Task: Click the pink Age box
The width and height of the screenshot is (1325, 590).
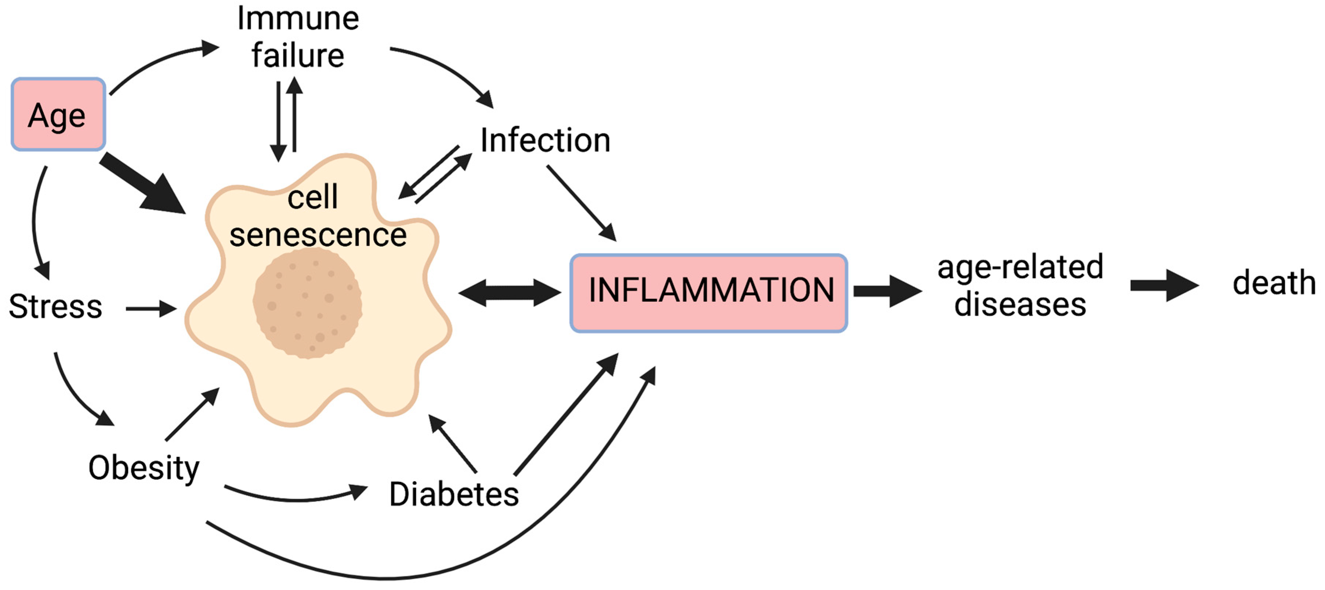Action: tap(58, 114)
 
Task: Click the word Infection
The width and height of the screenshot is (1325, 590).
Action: tap(545, 140)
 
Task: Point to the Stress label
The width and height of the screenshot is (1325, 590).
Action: tap(55, 307)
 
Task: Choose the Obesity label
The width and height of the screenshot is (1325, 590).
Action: tap(144, 468)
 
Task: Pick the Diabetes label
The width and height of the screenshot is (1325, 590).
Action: tap(454, 494)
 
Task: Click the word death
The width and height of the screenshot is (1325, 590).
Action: tap(1274, 283)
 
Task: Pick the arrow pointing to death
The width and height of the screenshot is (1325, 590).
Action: tap(1163, 285)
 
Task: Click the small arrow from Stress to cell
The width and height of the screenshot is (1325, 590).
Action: tap(151, 309)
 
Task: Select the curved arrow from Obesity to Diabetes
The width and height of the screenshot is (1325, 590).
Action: tap(296, 497)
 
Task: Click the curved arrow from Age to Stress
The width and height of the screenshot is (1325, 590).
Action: tap(35, 221)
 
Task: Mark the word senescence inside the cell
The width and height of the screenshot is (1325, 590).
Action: tap(318, 235)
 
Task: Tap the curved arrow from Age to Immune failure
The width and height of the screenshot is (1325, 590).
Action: tap(159, 59)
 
